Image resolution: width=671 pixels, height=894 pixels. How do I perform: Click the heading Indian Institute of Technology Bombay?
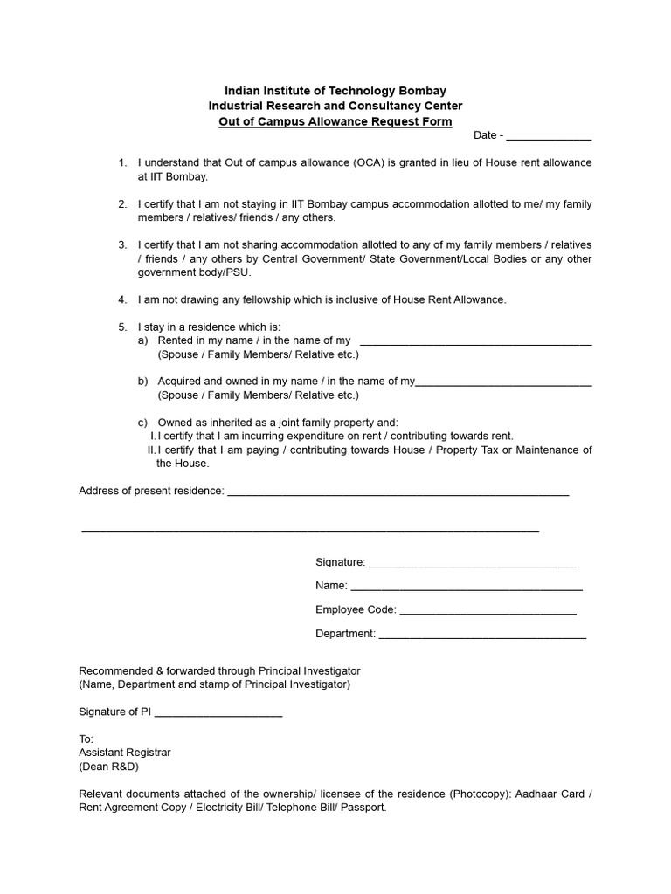pos(335,91)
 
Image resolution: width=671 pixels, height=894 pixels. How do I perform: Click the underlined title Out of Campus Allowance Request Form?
pos(335,120)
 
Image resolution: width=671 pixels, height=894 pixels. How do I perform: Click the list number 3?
pos(122,245)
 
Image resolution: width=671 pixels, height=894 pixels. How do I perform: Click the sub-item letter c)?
pos(142,423)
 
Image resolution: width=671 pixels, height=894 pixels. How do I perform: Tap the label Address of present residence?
pos(151,491)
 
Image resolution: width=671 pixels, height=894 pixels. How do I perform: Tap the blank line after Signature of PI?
pos(218,713)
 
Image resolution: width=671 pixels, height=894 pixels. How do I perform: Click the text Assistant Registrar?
pos(125,752)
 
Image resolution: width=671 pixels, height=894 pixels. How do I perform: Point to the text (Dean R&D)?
pos(108,767)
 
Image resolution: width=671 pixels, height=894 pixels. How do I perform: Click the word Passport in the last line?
pos(363,808)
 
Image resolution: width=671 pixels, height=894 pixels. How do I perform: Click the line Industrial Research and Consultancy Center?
pos(335,106)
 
